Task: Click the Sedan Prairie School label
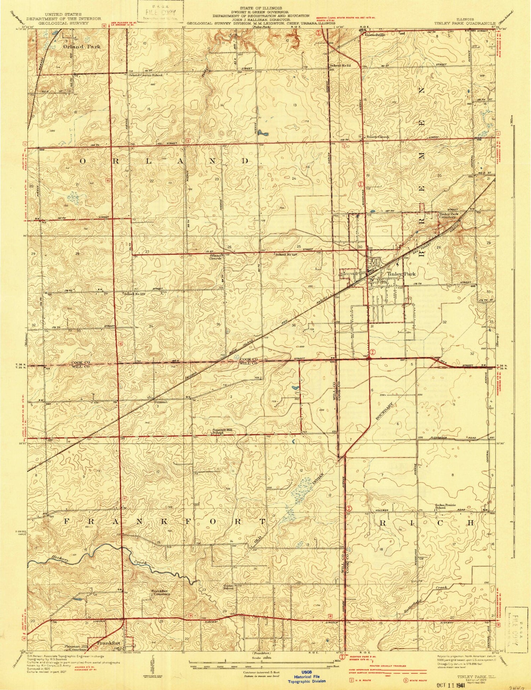coord(445,506)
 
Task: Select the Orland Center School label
coord(145,75)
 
